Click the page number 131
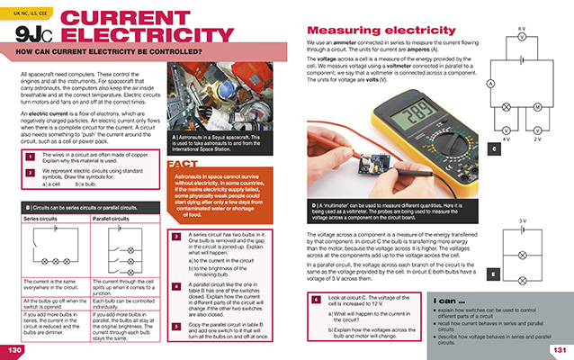point(559,349)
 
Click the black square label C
point(493,148)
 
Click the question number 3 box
point(175,238)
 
